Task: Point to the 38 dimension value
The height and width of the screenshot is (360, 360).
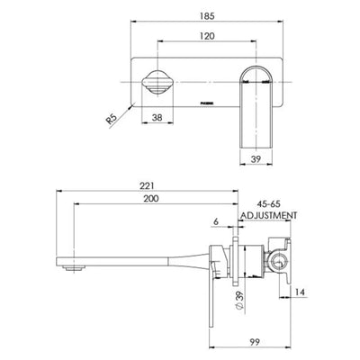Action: [157, 115]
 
